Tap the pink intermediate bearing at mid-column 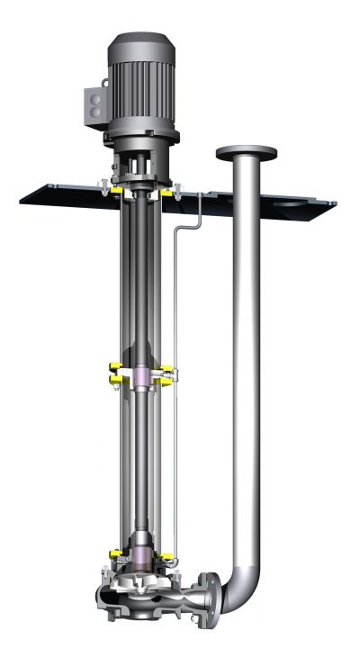(x=143, y=374)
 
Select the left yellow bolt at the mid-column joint (x=115, y=367)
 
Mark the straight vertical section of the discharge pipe (x=247, y=360)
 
